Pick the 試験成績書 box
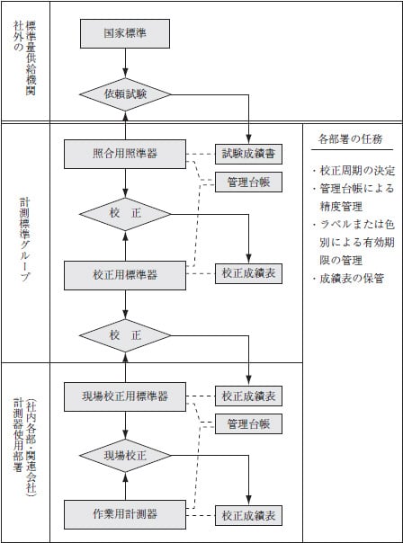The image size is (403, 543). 248,154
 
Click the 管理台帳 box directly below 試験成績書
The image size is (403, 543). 248,182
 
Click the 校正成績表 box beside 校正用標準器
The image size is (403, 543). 248,247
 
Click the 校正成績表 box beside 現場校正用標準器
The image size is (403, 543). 248,396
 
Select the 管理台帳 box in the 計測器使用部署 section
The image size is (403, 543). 248,423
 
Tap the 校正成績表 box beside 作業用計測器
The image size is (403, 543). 248,515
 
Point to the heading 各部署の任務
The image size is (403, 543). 350,138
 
